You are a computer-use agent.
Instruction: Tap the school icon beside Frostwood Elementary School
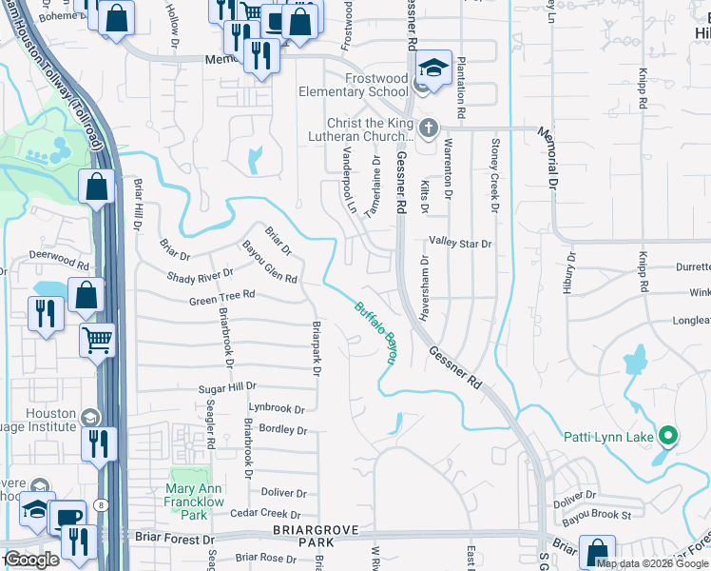[x=432, y=69]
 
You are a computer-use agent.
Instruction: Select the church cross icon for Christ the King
[x=428, y=128]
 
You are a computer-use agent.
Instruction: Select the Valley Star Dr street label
[x=460, y=244]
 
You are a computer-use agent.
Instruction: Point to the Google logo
[x=31, y=560]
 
